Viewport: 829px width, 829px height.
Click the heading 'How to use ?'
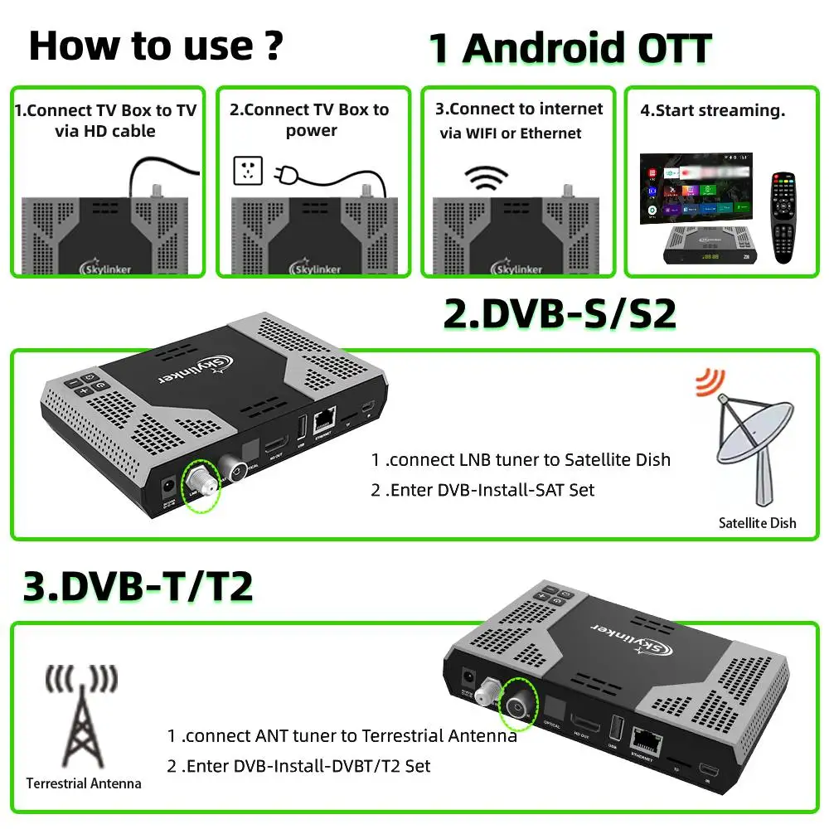point(155,46)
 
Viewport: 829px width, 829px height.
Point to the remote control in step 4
point(783,217)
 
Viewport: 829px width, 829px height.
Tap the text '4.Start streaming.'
point(712,110)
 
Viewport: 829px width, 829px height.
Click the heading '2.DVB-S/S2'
point(560,315)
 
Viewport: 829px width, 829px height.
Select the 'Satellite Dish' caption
point(757,523)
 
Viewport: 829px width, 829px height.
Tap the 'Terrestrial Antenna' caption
point(84,783)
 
